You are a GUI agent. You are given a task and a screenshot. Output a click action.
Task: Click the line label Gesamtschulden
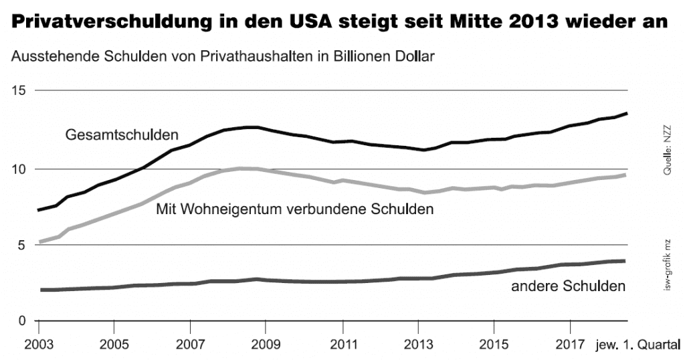pos(122,135)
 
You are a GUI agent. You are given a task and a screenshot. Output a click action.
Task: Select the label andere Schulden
pos(568,286)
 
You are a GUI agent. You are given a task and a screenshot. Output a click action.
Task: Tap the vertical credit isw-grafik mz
pos(667,266)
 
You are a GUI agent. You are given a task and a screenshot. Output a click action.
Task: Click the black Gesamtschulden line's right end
pos(626,113)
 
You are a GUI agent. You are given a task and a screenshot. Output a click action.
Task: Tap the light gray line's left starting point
pos(39,242)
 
